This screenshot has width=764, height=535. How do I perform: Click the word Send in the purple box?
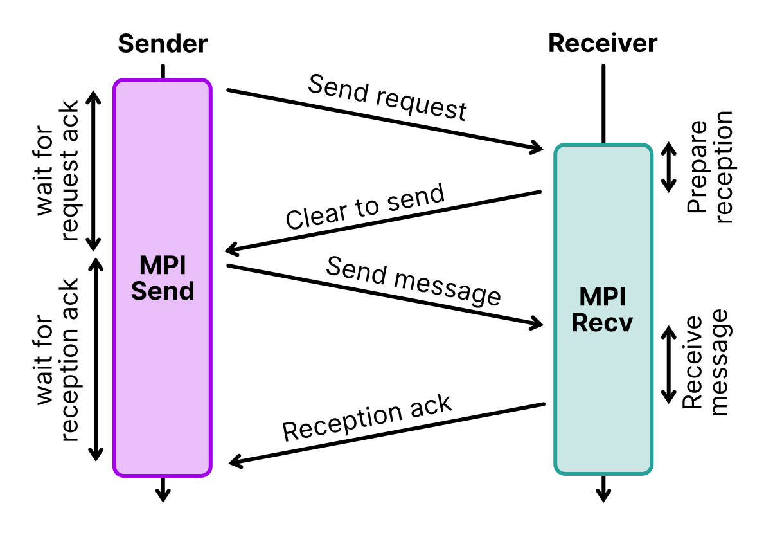[x=163, y=291]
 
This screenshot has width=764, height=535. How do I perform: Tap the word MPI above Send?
[x=163, y=266]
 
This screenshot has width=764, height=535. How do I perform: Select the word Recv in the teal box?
[x=602, y=323]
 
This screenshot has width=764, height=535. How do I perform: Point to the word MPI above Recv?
[x=602, y=297]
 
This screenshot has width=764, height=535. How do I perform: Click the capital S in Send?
[x=139, y=291]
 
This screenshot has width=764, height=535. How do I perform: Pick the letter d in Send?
[x=186, y=291]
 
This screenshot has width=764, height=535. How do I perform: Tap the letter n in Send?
[x=170, y=293]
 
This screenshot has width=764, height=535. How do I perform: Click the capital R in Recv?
[x=580, y=323]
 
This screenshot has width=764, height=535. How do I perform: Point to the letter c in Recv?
[x=611, y=325]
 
